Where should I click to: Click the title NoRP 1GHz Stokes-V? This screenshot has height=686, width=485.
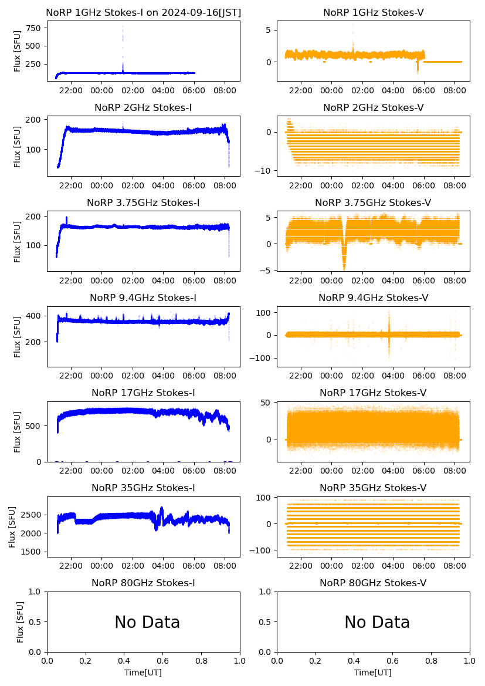tap(373, 13)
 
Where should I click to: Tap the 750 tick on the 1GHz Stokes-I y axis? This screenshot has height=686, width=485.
tap(32, 28)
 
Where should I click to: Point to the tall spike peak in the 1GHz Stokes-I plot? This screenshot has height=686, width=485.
tap(123, 28)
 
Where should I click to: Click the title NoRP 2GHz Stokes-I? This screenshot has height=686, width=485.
tap(143, 108)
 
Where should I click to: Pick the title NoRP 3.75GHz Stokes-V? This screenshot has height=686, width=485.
tap(373, 203)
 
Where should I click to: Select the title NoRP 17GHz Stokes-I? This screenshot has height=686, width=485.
tap(143, 393)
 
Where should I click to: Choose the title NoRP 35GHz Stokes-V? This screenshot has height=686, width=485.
tap(373, 488)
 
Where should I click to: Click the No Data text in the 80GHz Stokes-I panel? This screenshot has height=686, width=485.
tap(147, 623)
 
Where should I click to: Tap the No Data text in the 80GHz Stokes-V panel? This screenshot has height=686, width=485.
tap(377, 623)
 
